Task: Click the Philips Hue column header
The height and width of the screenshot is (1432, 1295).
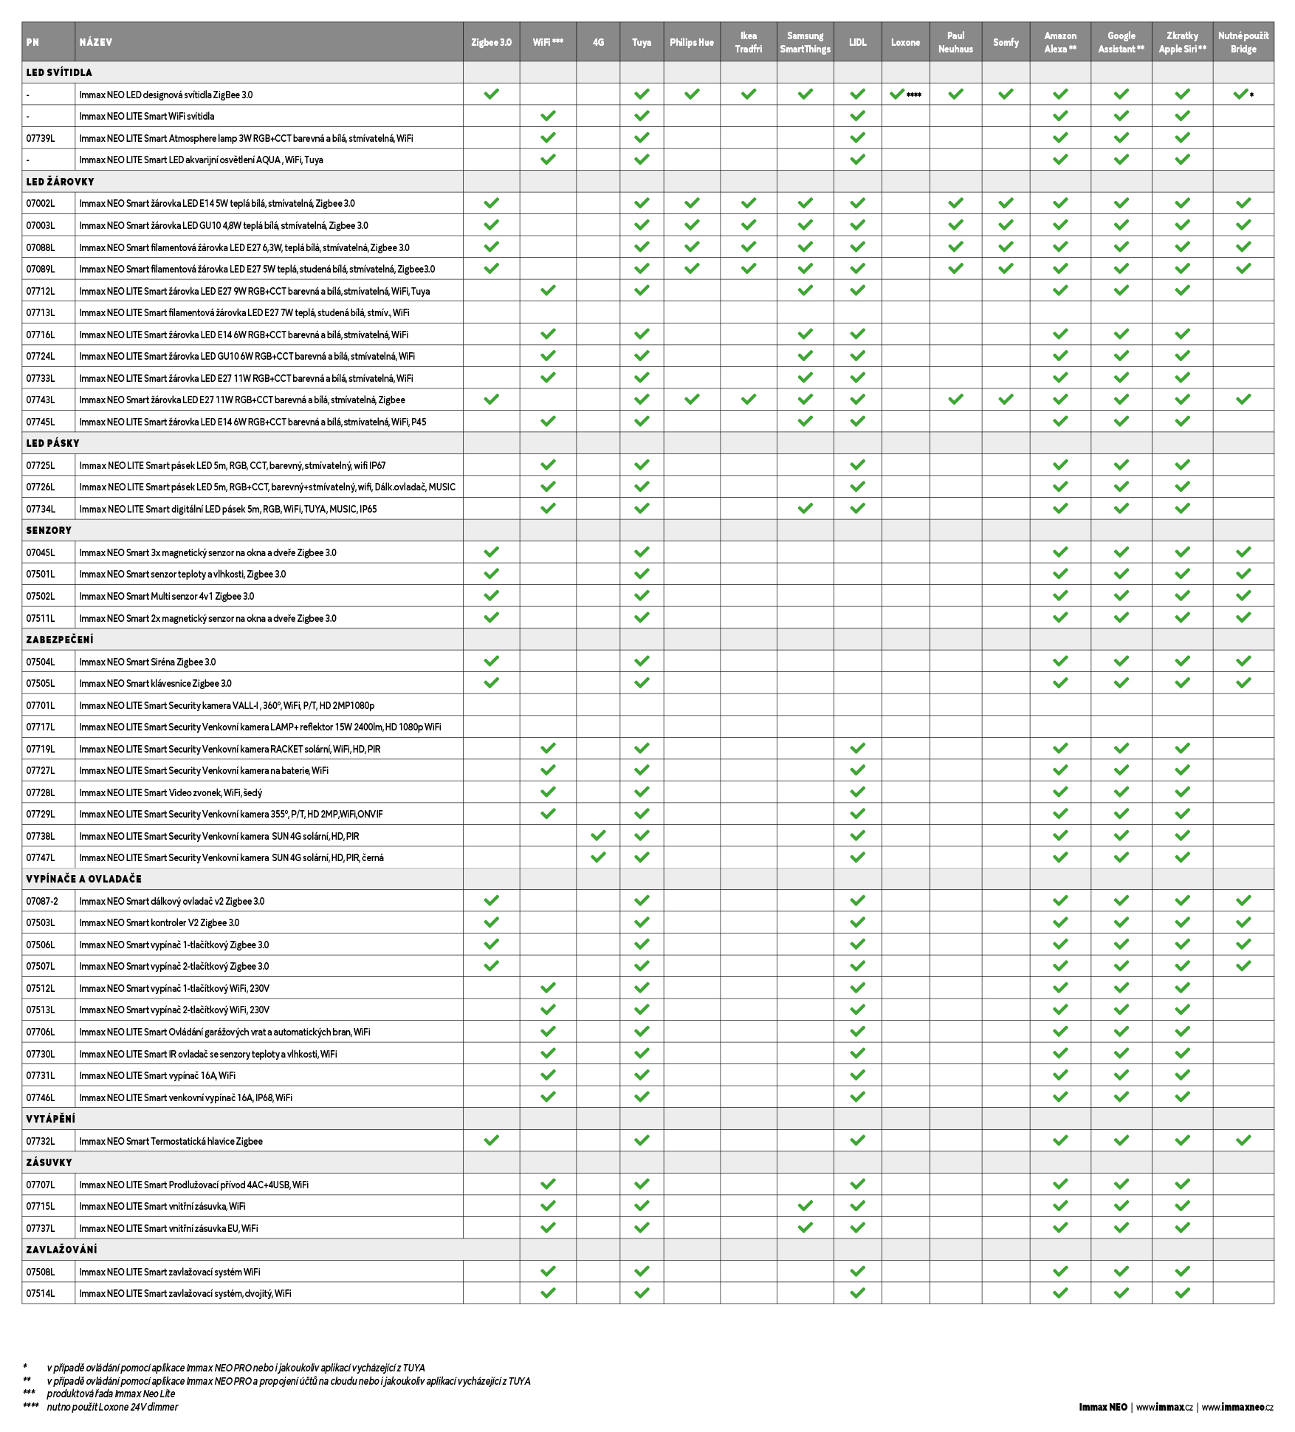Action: [x=691, y=42]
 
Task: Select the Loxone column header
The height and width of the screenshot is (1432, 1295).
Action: [x=905, y=42]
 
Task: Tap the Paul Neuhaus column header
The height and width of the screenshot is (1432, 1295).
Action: [x=955, y=42]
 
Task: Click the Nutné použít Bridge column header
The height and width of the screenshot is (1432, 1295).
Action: [x=1243, y=42]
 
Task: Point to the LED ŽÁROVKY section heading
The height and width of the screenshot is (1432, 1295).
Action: [x=60, y=182]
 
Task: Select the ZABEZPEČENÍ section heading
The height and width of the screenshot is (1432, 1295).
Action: [x=60, y=640]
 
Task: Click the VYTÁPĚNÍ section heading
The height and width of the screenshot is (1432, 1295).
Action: [x=50, y=1119]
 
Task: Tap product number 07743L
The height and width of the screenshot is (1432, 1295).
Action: [x=41, y=400]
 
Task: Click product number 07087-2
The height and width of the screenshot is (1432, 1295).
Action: [x=42, y=901]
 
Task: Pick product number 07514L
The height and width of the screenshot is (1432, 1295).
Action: [x=41, y=1293]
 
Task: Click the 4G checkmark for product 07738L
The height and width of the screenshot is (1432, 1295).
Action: [x=598, y=835]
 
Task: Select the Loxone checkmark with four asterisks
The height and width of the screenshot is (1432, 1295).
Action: [x=898, y=95]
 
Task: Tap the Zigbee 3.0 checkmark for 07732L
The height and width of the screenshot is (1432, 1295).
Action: [x=491, y=1140]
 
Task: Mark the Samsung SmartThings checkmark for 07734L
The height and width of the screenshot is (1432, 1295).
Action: [x=805, y=508]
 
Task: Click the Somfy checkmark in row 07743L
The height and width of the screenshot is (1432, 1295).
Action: [x=1006, y=400]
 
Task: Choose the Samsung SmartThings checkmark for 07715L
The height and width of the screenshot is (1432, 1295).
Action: [x=805, y=1205]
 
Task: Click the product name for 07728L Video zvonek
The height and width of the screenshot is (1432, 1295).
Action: [x=171, y=792]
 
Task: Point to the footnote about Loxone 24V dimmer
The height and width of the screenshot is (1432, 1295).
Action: [x=112, y=1407]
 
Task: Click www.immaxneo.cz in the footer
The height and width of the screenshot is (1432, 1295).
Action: [x=1237, y=1407]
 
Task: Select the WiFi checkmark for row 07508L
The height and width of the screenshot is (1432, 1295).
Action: [x=548, y=1271]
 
